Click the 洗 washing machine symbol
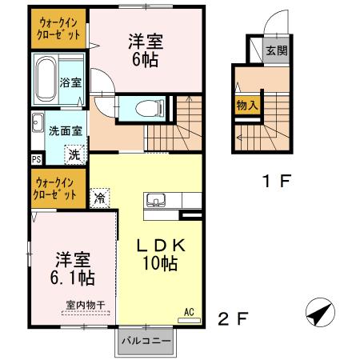[74, 154]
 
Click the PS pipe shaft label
[37, 159]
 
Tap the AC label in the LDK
[190, 311]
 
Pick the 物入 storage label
[246, 104]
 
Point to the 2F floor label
[232, 319]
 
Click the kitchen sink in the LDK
[155, 199]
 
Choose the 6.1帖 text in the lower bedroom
[74, 278]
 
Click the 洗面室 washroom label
[61, 130]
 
